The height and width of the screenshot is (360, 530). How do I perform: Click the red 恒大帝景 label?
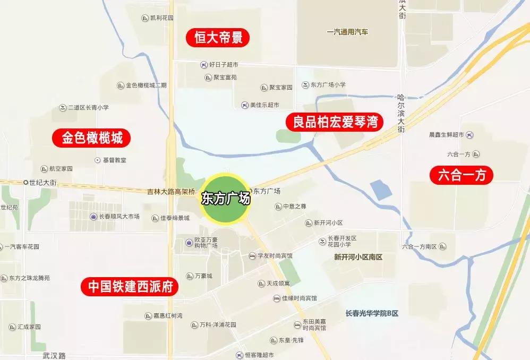218,38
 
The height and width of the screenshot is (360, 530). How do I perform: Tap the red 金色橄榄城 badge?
92,138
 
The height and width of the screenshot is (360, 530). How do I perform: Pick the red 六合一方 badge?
461,175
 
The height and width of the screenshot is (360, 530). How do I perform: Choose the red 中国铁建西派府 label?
130,287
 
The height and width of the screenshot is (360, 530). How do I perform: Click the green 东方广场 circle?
226,199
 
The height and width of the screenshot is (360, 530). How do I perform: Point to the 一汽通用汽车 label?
347,32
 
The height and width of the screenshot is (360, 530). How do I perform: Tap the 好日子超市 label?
223,65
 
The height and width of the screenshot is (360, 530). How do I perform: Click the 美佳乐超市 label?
264,105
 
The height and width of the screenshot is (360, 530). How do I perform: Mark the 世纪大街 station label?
42,182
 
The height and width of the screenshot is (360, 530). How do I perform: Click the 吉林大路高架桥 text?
172,191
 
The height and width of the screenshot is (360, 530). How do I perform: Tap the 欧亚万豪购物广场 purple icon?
189,243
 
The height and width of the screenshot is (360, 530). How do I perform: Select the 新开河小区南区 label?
358,257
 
